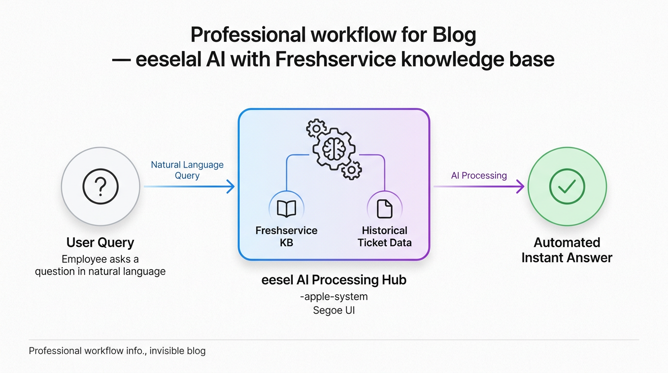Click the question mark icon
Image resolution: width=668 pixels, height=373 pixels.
point(100,186)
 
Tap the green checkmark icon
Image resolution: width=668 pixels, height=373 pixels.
point(567,186)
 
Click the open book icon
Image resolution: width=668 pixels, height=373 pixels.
point(286,209)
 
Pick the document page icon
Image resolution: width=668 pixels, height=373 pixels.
point(384,209)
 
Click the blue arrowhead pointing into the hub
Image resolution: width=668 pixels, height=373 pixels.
point(231,186)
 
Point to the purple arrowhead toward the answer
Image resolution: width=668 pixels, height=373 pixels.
point(520,186)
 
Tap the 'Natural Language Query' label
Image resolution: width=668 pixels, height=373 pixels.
point(187,170)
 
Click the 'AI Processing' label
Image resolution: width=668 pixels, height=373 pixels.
point(479,175)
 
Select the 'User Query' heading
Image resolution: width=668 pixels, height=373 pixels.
point(100,242)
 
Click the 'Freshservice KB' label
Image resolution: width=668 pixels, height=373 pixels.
point(286,236)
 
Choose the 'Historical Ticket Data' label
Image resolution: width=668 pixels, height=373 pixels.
point(384,236)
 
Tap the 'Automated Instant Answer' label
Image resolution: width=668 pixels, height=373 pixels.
point(567,250)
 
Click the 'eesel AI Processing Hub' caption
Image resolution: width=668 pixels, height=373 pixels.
point(334,280)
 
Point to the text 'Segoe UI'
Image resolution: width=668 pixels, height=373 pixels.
point(334,310)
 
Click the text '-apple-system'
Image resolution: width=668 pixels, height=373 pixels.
point(334,296)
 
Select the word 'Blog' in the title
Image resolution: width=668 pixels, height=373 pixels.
point(451,35)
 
